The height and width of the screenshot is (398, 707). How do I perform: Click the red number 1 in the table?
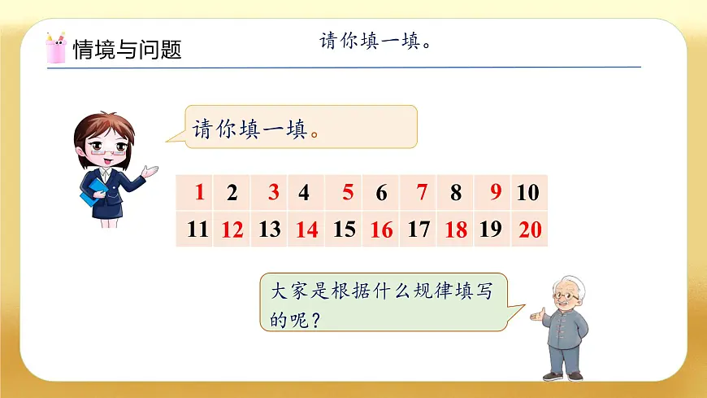tap(200, 193)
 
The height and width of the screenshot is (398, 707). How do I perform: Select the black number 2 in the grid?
tap(232, 193)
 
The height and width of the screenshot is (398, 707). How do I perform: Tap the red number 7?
tap(421, 193)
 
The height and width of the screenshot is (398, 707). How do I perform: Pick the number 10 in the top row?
tap(527, 193)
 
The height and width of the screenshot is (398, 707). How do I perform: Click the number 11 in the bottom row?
tap(197, 230)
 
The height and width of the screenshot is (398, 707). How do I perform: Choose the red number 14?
tap(306, 230)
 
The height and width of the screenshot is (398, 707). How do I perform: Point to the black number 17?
tap(419, 230)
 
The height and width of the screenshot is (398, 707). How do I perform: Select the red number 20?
tap(530, 230)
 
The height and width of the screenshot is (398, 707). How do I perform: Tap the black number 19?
tap(491, 230)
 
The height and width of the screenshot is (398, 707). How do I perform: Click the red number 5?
tap(348, 193)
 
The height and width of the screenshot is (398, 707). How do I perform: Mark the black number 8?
tap(456, 193)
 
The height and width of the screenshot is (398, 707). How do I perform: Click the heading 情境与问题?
tap(127, 50)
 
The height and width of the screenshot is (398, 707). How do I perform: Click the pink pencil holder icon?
tap(56, 49)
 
